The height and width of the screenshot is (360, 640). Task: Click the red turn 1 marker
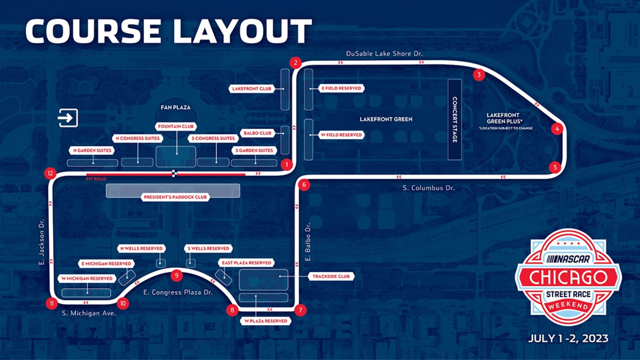[286, 164]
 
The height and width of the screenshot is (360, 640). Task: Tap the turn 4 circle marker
[557, 129]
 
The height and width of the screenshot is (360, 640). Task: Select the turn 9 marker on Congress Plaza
[176, 275]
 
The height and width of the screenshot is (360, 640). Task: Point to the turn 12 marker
[50, 173]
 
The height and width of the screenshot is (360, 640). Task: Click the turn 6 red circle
[304, 185]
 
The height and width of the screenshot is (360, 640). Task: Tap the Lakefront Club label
[252, 88]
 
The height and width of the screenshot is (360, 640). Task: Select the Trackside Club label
[331, 276]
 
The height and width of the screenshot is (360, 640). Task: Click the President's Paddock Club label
[175, 197]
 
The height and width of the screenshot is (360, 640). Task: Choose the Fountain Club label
[176, 126]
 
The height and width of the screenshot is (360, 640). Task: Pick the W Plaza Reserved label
[266, 321]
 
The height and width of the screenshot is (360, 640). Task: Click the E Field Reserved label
[341, 88]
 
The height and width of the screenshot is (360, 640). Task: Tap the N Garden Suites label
[92, 150]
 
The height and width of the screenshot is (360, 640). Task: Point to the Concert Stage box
[454, 120]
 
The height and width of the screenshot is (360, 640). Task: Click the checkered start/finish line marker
[174, 174]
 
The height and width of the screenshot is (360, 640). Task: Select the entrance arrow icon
[68, 118]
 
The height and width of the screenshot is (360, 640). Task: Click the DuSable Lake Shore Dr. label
[384, 54]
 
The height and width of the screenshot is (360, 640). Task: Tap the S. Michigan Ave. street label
[89, 313]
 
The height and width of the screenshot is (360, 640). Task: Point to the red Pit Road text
[96, 179]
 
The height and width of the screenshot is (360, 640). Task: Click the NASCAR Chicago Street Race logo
[568, 277]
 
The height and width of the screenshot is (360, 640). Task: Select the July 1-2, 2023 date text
[568, 338]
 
